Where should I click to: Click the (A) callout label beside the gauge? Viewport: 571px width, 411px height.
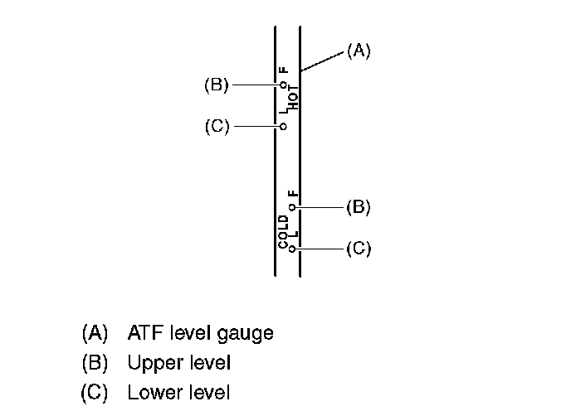[x=358, y=51]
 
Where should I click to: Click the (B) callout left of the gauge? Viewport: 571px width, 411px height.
[x=216, y=85]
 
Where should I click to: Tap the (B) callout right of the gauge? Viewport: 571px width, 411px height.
[x=358, y=207]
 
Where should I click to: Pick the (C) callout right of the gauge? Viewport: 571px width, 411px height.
[x=358, y=248]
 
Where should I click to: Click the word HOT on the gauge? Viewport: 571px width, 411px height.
[x=294, y=98]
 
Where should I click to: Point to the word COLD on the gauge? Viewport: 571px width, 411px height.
[x=283, y=231]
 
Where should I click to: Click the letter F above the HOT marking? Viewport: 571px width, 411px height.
[x=283, y=71]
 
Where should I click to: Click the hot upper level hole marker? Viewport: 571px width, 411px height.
[x=283, y=85]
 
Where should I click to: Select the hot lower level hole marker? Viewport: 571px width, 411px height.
[x=283, y=127]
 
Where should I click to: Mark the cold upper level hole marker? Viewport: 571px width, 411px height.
[x=292, y=207]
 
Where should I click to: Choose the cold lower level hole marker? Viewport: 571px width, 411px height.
[x=292, y=248]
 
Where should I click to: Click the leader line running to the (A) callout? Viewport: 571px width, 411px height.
[x=322, y=60]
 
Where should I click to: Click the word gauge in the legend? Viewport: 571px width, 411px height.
[x=246, y=334]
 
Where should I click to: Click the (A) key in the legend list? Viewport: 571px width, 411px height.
[x=95, y=334]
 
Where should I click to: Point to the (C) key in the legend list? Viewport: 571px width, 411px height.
[x=95, y=392]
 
